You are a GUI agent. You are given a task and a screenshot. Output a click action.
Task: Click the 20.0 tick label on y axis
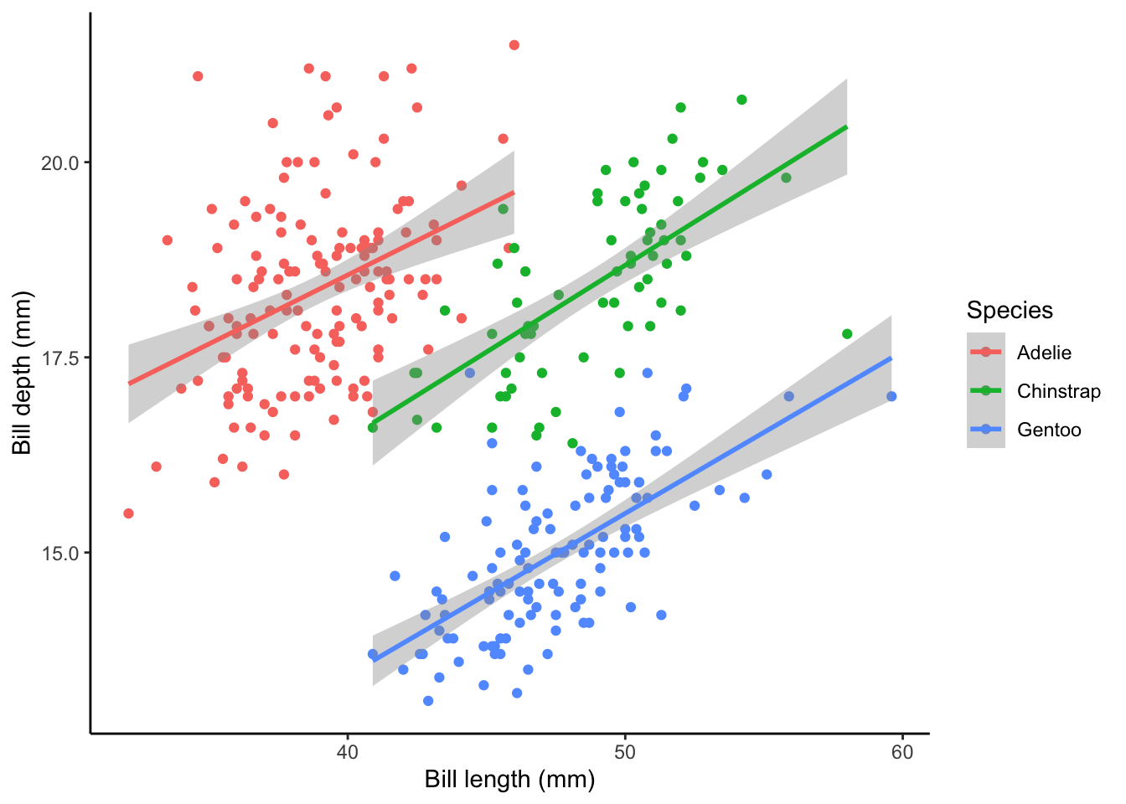pos(60,162)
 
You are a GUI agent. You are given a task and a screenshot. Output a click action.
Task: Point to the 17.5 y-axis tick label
pos(60,358)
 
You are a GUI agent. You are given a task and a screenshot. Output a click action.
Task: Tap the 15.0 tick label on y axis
pos(60,553)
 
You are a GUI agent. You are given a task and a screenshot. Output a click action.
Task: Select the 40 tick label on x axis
pos(347,752)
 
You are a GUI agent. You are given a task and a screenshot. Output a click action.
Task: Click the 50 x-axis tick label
pos(624,752)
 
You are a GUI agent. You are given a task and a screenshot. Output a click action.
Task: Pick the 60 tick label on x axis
pos(902,752)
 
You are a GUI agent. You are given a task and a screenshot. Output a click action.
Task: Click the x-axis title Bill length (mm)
pos(509,780)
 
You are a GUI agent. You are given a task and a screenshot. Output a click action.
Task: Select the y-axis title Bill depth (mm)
pos(22,374)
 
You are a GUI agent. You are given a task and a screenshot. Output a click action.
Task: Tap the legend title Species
pos(1010,310)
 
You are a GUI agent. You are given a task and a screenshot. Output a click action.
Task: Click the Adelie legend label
pos(1044,353)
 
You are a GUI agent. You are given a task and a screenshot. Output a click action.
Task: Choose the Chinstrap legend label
pos(1058,391)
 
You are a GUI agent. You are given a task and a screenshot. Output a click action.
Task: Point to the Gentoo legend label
pos(1049,430)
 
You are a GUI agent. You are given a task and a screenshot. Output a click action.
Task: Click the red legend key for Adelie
pos(985,353)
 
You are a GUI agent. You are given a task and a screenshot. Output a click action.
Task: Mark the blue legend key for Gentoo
pos(985,430)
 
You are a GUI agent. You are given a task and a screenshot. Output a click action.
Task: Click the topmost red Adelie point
pos(514,45)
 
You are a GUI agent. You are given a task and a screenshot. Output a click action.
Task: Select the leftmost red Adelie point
pos(128,513)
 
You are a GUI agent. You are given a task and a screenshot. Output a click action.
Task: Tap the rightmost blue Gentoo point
pos(891,396)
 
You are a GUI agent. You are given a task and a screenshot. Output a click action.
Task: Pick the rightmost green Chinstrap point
pos(847,334)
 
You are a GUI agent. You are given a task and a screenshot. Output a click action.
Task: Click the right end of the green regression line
pos(847,127)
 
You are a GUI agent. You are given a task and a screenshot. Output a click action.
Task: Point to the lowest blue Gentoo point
pos(428,701)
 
